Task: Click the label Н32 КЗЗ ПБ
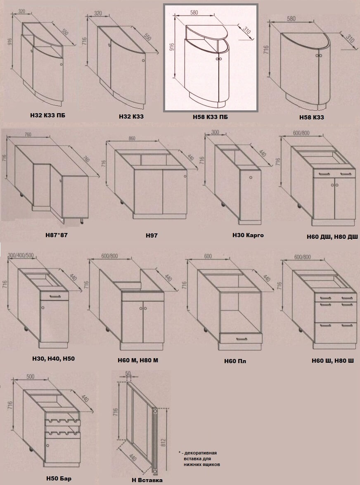[x=47, y=115]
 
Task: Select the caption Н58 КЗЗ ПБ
[x=211, y=117]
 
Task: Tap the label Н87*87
[x=56, y=235]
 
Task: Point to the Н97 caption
[x=152, y=236]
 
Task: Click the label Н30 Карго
[x=248, y=235]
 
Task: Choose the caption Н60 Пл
[x=235, y=361]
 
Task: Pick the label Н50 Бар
[x=59, y=478]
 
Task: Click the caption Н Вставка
[x=147, y=480]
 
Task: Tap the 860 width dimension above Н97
[x=132, y=138]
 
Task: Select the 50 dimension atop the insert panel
[x=128, y=373]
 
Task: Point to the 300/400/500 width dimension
[x=21, y=255]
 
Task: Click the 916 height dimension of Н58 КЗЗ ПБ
[x=172, y=46]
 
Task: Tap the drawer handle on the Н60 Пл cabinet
[x=242, y=339]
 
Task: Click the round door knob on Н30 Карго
[x=250, y=178]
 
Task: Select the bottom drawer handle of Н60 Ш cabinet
[x=336, y=325]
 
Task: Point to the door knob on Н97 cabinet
[x=185, y=176]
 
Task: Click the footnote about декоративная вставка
[x=199, y=459]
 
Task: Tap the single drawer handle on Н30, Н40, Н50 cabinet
[x=54, y=297]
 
